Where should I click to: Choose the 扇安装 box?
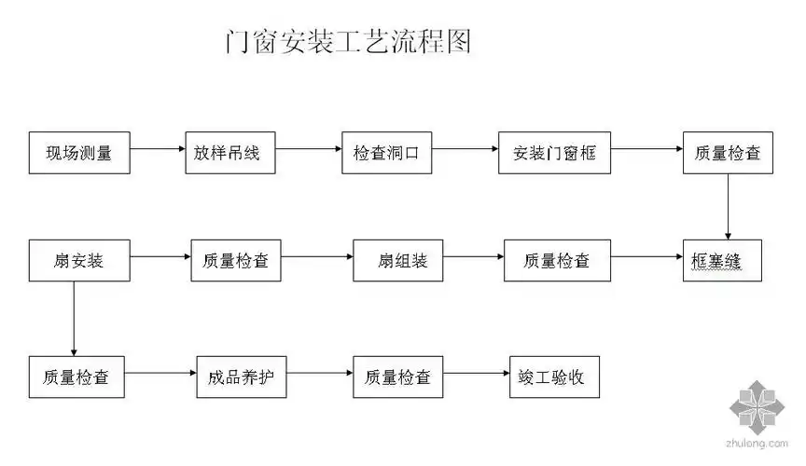tap(78, 261)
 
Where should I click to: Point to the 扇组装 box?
tap(403, 261)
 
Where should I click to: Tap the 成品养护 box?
tap(241, 377)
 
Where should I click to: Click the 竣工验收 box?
tap(551, 377)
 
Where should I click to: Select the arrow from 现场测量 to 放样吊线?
tap(156, 148)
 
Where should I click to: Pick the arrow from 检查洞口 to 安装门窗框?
tap(465, 148)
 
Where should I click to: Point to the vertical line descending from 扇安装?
tap(74, 317)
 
